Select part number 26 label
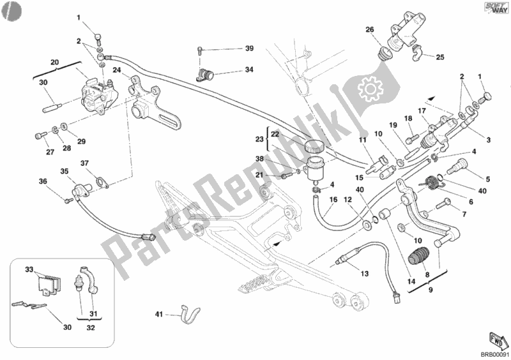pos(369,30)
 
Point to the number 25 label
pos(440,57)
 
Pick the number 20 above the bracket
pos(55,62)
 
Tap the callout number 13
pos(364,274)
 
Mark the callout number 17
pos(422,110)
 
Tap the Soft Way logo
pos(492,10)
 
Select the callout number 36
pos(43,182)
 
